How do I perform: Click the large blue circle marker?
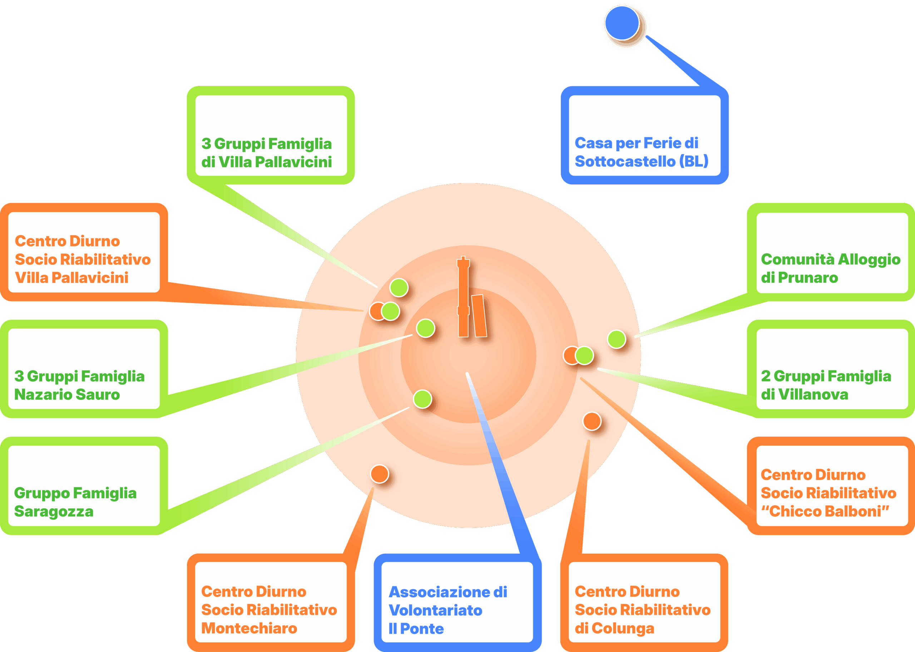coord(622,23)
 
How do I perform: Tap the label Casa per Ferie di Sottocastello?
coord(641,152)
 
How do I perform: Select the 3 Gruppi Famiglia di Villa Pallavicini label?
coord(267,153)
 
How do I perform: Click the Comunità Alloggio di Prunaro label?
coord(830,268)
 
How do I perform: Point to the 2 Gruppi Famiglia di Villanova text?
coord(826,385)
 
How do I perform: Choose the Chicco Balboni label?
coord(828,493)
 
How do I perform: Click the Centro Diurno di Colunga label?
coord(642,609)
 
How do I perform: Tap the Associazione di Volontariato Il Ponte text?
coord(447,610)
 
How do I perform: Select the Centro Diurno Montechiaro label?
coord(268,609)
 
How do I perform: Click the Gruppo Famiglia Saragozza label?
coord(75,502)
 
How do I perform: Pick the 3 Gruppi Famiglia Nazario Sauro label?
coord(79,385)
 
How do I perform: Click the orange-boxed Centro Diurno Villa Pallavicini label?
coord(82,260)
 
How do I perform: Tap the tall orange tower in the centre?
coord(463,297)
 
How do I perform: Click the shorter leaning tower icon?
coord(479,316)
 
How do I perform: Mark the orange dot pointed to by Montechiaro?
coord(379,474)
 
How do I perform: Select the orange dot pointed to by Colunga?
coord(592,421)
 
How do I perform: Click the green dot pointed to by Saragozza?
coord(422,399)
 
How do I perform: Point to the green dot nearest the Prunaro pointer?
coord(617,339)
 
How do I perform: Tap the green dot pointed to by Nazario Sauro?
coord(425,328)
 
